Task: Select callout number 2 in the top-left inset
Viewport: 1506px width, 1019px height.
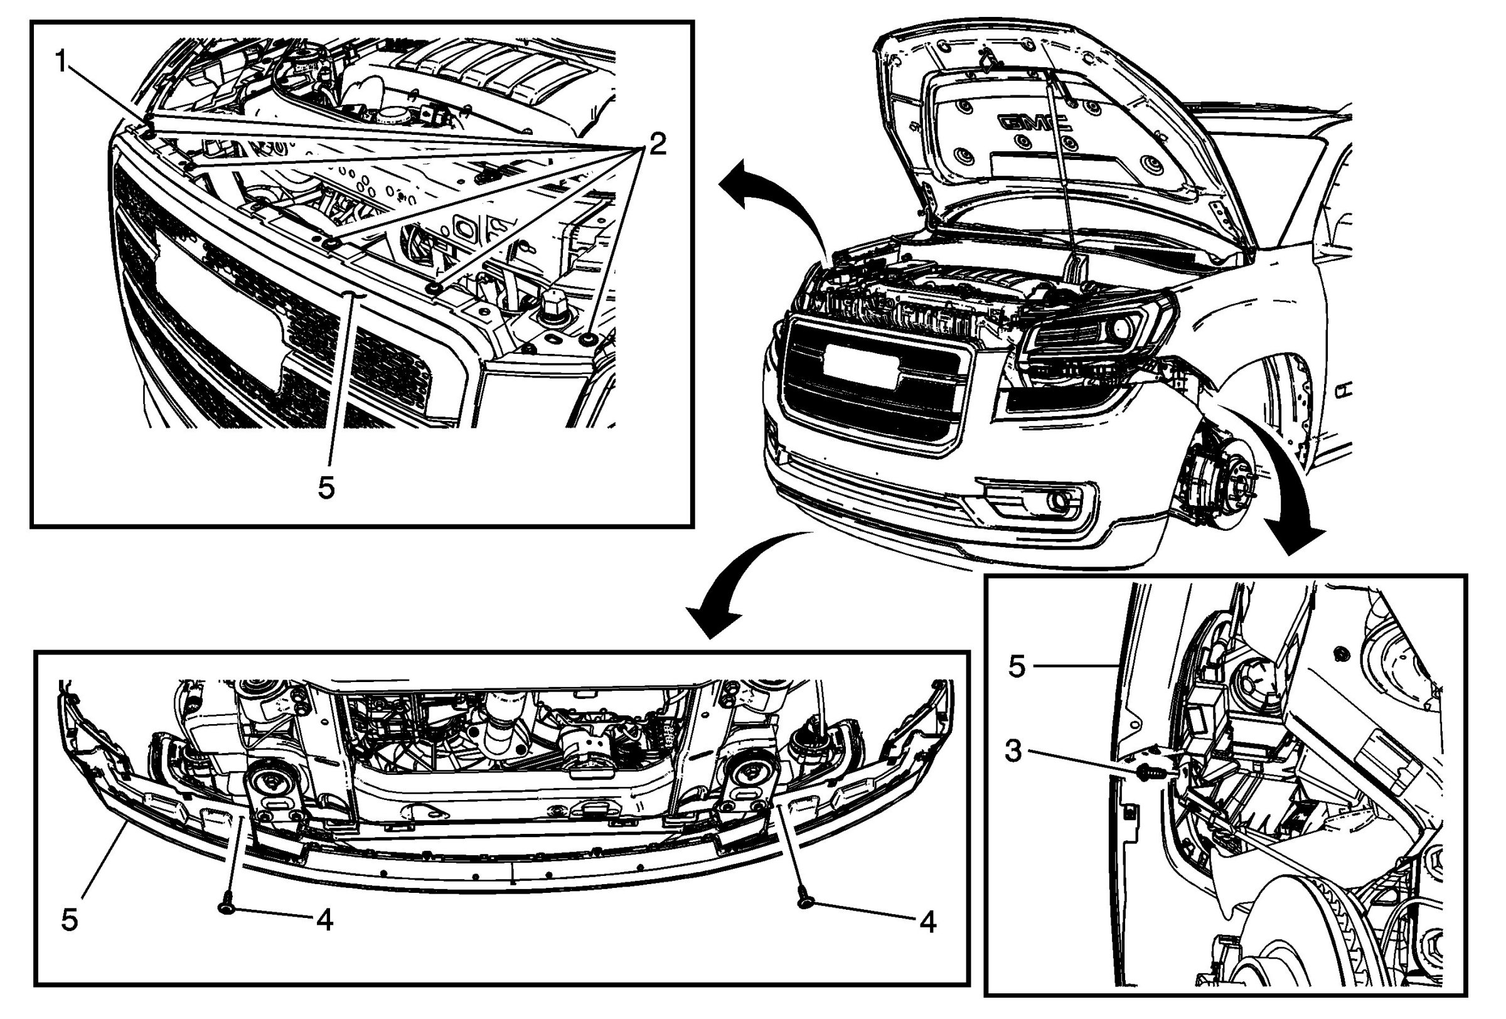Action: click(x=657, y=144)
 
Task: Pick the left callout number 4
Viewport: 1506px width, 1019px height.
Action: click(x=324, y=920)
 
